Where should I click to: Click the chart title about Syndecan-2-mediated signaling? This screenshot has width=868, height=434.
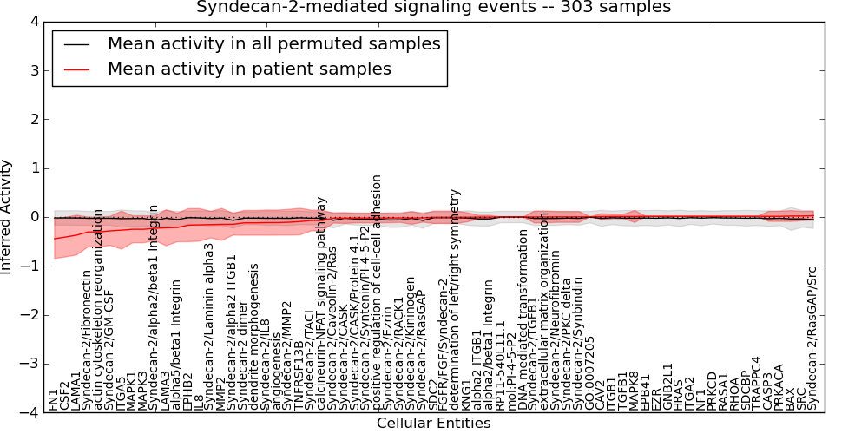pos(433,7)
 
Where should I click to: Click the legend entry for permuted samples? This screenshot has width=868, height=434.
pos(273,43)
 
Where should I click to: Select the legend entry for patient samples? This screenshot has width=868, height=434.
pos(249,69)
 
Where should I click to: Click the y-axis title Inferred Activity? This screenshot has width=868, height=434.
pos(7,217)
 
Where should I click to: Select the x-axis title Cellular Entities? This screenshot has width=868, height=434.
pos(433,424)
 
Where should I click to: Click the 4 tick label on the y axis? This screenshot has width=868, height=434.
pos(33,21)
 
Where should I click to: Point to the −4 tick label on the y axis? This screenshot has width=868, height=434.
pos(30,413)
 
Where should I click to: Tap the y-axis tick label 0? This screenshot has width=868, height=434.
pos(33,217)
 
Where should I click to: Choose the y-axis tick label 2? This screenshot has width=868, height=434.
pos(33,119)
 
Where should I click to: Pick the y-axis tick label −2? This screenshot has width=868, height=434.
pos(30,315)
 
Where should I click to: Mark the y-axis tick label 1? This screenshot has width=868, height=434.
pos(33,168)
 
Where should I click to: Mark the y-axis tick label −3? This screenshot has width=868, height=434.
pos(30,365)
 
